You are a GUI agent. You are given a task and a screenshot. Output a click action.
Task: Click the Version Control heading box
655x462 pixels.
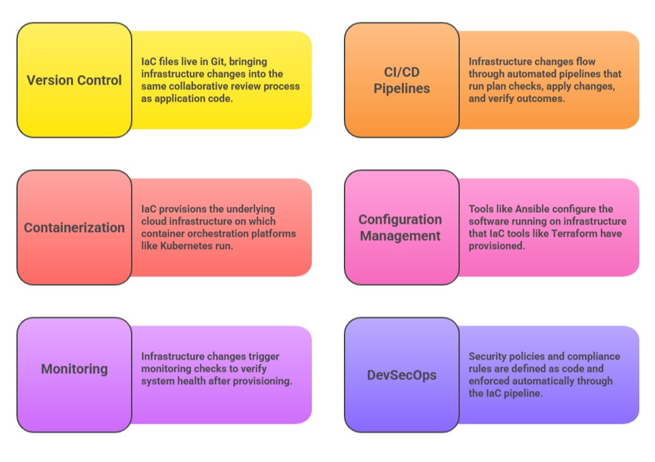[74, 80]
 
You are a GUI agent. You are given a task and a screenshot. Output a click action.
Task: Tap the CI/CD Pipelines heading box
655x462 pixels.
[402, 80]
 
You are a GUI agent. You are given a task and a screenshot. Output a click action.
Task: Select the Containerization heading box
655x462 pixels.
[74, 227]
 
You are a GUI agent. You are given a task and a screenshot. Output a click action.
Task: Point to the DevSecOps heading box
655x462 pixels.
[402, 375]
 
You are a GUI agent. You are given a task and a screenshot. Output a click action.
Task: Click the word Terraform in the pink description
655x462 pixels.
[583, 234]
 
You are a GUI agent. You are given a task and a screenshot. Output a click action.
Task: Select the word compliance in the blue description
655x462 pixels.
[596, 357]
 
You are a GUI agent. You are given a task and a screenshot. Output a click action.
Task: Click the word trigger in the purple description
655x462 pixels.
[263, 357]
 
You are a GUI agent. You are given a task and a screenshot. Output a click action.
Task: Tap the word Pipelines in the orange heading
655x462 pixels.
[402, 89]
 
